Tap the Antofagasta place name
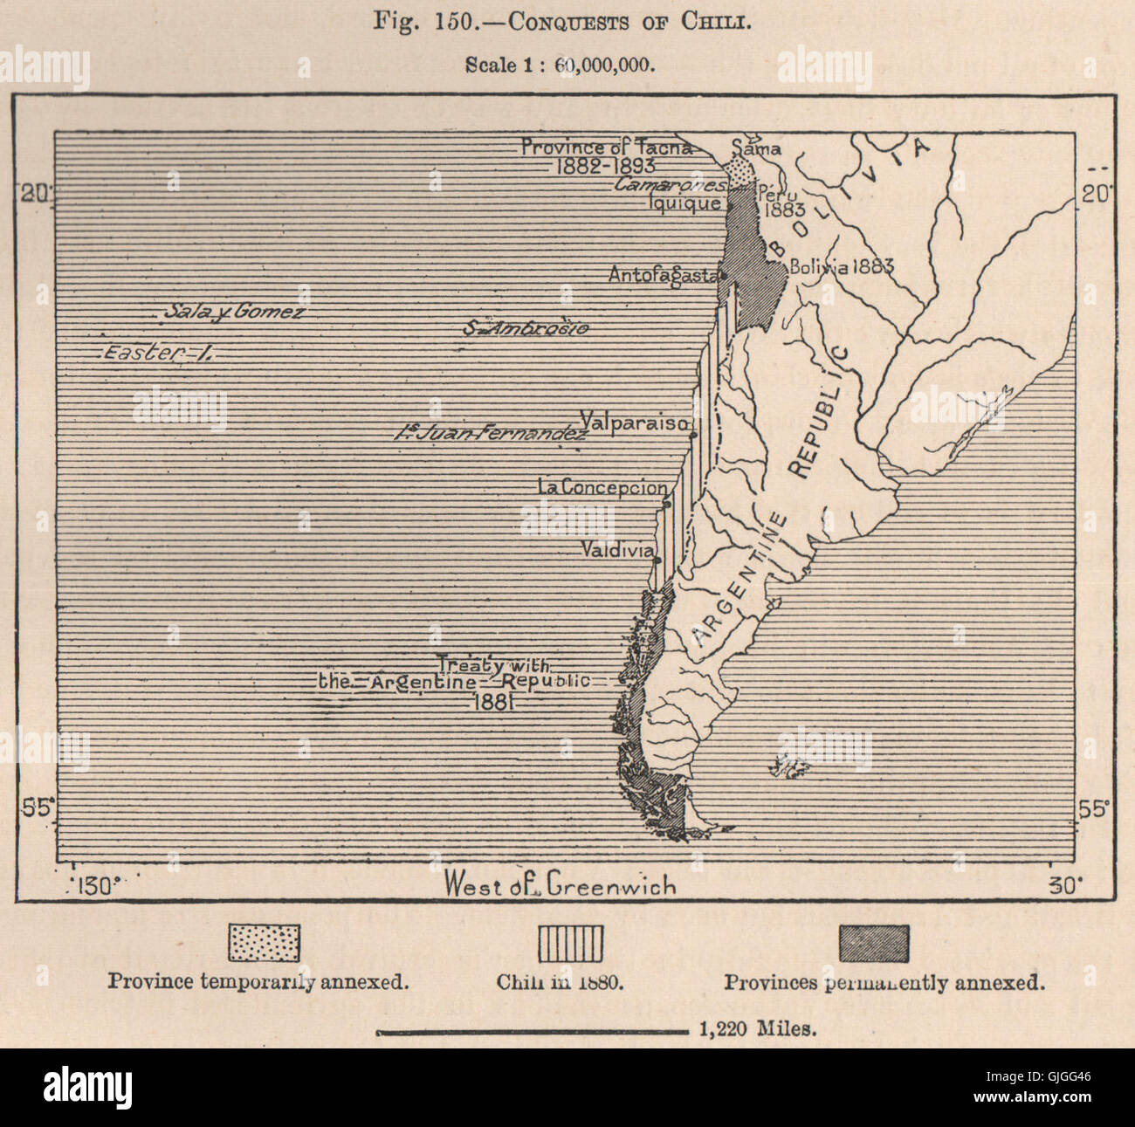coord(663,274)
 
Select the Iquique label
coord(692,203)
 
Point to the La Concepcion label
coord(602,489)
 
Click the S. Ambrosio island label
coord(526,328)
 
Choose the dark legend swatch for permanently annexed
coord(873,943)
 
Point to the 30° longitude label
coord(1063,885)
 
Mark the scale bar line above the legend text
coord(533,1031)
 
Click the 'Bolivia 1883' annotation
coord(841,267)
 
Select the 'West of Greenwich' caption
coord(560,884)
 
